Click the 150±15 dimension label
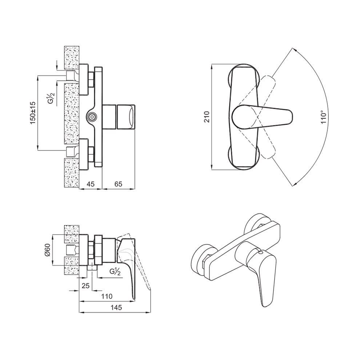tap(33, 113)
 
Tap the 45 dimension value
tap(91, 184)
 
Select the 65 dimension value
tap(118, 184)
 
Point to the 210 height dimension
tap(207, 117)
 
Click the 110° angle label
tap(324, 117)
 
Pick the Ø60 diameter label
tap(47, 250)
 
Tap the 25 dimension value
tap(85, 285)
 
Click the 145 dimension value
tap(116, 307)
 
